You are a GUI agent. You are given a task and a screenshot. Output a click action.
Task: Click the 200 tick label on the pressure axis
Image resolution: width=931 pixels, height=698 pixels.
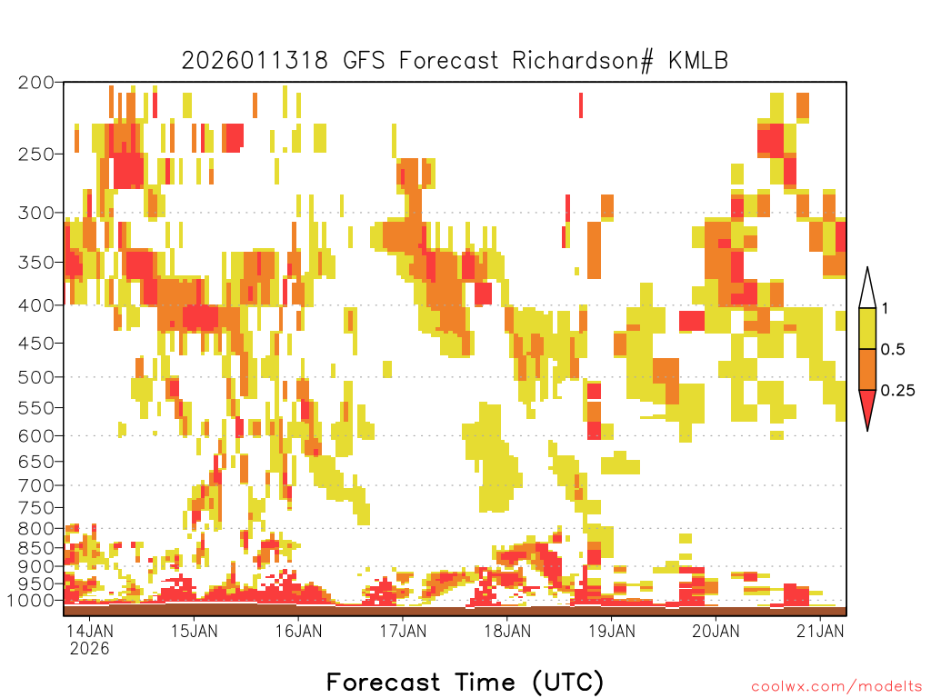pos(36,83)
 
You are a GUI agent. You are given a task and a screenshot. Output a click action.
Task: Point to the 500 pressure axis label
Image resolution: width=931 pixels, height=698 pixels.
pos(36,377)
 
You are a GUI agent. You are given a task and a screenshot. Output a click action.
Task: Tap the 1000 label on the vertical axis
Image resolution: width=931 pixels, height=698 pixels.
pos(30,601)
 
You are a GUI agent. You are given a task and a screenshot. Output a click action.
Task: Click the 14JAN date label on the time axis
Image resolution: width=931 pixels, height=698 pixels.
pos(89,631)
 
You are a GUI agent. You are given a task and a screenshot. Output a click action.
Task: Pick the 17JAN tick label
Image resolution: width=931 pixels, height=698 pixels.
pos(403,631)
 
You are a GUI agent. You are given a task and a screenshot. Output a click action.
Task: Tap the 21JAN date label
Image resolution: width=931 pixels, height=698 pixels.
pos(820,631)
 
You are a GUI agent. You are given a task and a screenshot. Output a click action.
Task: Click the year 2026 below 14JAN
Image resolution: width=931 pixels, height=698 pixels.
pos(90,649)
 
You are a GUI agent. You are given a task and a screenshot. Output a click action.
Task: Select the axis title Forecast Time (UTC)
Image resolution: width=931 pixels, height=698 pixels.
pos(465,682)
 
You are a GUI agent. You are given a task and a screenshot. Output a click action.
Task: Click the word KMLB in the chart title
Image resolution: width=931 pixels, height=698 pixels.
pos(698,61)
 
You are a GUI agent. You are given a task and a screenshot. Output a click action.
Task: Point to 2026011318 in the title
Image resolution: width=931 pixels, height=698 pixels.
pos(255,61)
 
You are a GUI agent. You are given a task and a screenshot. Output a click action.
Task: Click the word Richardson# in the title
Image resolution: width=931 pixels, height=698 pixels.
pos(582,61)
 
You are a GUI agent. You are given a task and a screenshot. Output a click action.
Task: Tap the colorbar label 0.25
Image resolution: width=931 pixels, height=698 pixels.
pos(897,391)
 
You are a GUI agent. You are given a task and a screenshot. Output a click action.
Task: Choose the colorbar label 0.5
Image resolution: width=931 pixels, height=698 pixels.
pos(893,350)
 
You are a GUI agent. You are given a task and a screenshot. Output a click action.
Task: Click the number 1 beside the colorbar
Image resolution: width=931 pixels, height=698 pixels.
pos(885,309)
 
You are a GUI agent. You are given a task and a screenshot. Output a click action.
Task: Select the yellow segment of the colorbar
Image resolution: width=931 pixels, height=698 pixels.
pos(867,328)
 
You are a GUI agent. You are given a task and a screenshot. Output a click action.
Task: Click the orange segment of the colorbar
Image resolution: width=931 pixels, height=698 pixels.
pos(867,369)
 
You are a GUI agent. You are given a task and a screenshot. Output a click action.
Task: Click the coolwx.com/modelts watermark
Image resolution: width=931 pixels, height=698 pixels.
pos(836,687)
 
